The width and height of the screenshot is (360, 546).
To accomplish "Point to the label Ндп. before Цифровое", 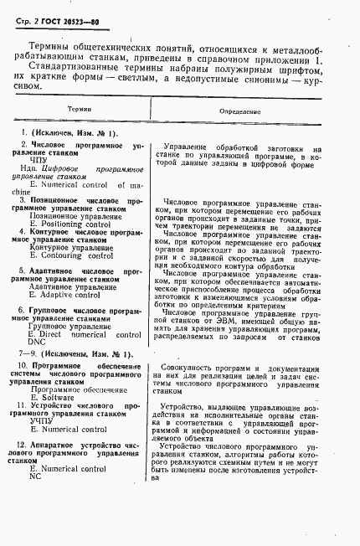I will tap(32, 168).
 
